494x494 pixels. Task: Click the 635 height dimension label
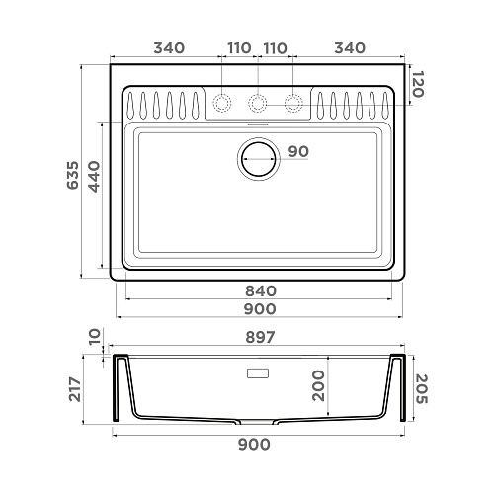pos(73,175)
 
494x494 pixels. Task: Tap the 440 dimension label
pos(94,177)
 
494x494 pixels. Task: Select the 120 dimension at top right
pos(417,84)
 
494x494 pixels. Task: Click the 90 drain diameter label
pos(298,151)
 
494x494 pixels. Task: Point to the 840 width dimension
pos(261,291)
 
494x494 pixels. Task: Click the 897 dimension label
pos(260,337)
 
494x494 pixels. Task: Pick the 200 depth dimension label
pos(318,385)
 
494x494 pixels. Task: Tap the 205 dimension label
pos(421,389)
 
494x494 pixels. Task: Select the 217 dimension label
pos(75,389)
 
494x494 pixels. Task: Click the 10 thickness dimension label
pos(95,336)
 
